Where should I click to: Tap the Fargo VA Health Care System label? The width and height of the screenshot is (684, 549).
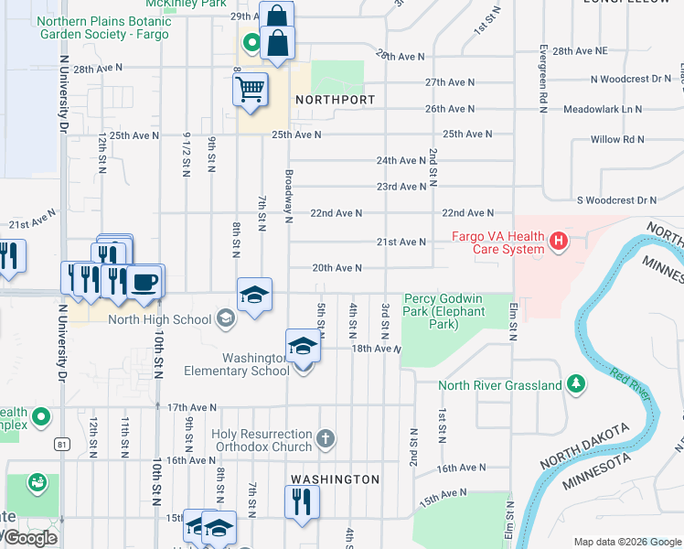tap(499, 242)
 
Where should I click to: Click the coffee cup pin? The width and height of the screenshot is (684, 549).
tap(144, 282)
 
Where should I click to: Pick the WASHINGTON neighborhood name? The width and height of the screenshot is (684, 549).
tap(335, 479)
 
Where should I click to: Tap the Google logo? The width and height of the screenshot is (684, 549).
tap(29, 538)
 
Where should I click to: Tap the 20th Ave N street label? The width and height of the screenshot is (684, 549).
tap(337, 268)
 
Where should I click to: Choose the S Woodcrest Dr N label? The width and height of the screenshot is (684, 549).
tap(616, 200)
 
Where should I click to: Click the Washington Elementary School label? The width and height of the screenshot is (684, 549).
tap(237, 364)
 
